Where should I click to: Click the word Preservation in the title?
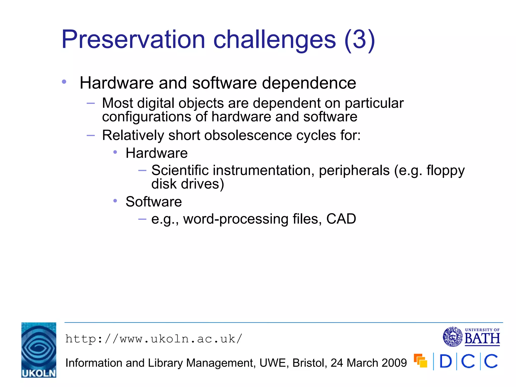coord(133,40)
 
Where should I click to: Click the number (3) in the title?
coord(360,40)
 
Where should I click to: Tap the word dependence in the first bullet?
coord(309,83)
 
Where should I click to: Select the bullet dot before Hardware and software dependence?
coord(64,82)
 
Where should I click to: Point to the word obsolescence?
coord(248,136)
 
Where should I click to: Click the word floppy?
coord(445,171)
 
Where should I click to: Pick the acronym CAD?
coord(341,219)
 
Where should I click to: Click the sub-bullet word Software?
coord(154,202)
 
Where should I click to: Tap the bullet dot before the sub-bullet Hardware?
coord(115,152)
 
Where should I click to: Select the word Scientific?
coord(180,171)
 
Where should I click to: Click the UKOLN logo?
coord(39,350)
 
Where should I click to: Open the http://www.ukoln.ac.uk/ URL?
coord(154,339)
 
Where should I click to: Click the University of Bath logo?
coord(471,337)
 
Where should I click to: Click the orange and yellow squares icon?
coord(420,361)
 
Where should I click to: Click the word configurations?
coord(146,117)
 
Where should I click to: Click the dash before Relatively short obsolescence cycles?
coord(90,136)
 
